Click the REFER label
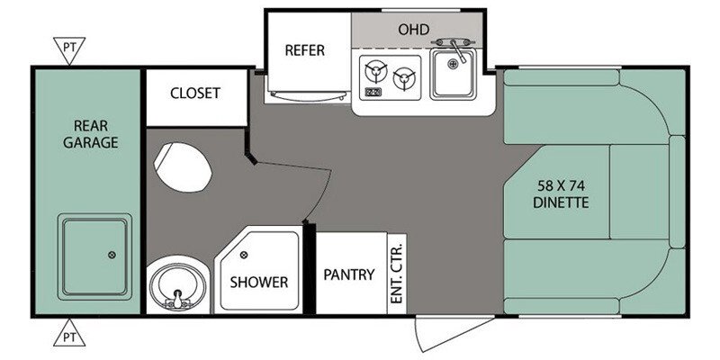click(304, 50)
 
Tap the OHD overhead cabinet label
click(414, 30)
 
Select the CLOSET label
click(195, 94)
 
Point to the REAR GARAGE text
click(91, 134)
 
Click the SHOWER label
click(259, 282)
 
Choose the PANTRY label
click(349, 274)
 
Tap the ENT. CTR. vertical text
click(396, 274)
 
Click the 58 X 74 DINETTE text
click(561, 194)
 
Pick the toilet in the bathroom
click(183, 167)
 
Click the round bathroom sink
click(176, 285)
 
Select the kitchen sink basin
click(453, 74)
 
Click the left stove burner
click(376, 72)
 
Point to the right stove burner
click(404, 78)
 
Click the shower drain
click(243, 255)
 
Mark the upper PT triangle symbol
click(69, 49)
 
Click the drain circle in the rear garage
click(112, 255)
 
